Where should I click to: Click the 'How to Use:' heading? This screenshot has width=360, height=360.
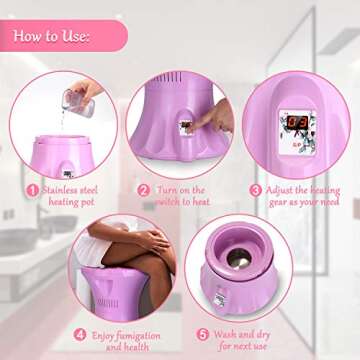[x=52, y=37]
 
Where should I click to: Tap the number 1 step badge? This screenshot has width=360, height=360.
[x=31, y=187]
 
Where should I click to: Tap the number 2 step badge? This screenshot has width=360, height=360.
[x=143, y=188]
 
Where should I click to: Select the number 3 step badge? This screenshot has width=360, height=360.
[x=256, y=187]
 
